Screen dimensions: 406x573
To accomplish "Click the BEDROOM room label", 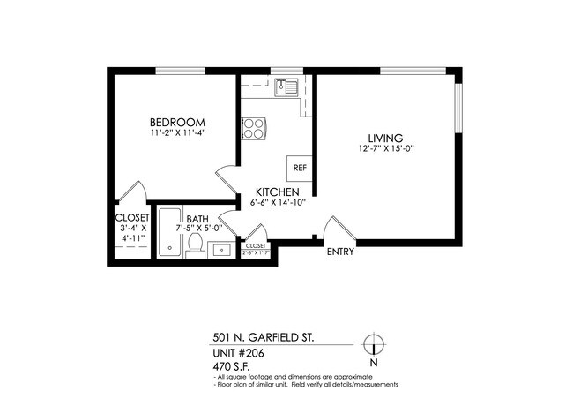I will click(177, 122).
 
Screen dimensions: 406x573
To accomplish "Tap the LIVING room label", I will click(385, 138).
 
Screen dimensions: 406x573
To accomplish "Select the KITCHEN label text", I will click(277, 192).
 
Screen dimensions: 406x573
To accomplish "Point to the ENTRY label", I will click(339, 252).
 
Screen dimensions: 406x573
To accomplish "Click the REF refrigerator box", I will click(300, 167).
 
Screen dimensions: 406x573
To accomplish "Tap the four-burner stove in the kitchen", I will click(254, 129).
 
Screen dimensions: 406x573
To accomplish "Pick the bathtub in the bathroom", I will click(170, 233).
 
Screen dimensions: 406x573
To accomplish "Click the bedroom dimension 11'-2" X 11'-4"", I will click(178, 134).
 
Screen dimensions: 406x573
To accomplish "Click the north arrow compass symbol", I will click(374, 343).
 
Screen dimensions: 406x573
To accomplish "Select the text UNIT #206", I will click(238, 352).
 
